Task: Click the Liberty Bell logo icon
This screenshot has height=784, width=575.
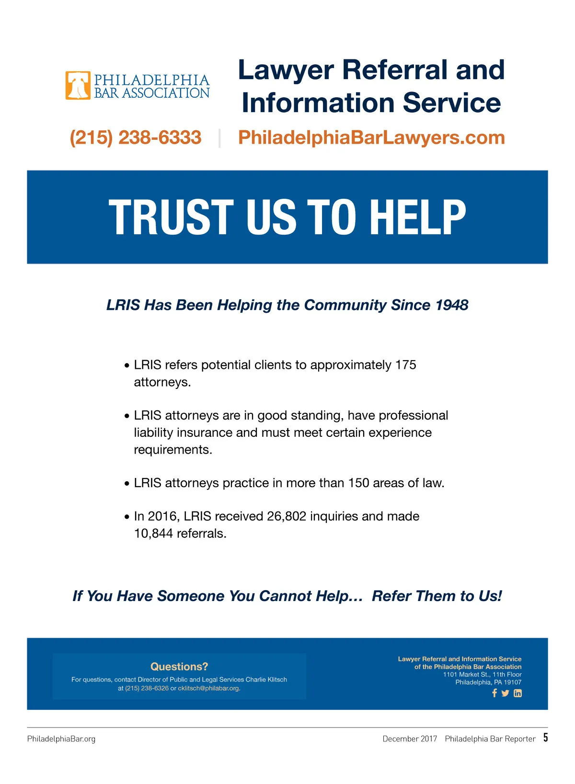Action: click(78, 85)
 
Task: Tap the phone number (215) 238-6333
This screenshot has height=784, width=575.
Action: click(136, 137)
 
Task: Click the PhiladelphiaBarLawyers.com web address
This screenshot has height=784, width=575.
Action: click(371, 137)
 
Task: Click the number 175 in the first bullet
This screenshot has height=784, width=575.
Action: click(405, 365)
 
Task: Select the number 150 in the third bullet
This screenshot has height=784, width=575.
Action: click(358, 483)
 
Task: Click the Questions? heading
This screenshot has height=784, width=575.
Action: click(179, 667)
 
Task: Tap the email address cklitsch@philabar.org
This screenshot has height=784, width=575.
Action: click(208, 688)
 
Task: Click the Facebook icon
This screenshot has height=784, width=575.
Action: click(494, 693)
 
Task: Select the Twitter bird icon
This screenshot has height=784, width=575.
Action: click(506, 693)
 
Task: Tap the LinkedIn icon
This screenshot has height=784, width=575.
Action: click(517, 693)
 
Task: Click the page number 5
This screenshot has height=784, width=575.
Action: click(545, 738)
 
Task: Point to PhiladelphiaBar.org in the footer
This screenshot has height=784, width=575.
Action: click(61, 739)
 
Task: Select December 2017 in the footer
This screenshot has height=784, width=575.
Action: click(410, 739)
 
